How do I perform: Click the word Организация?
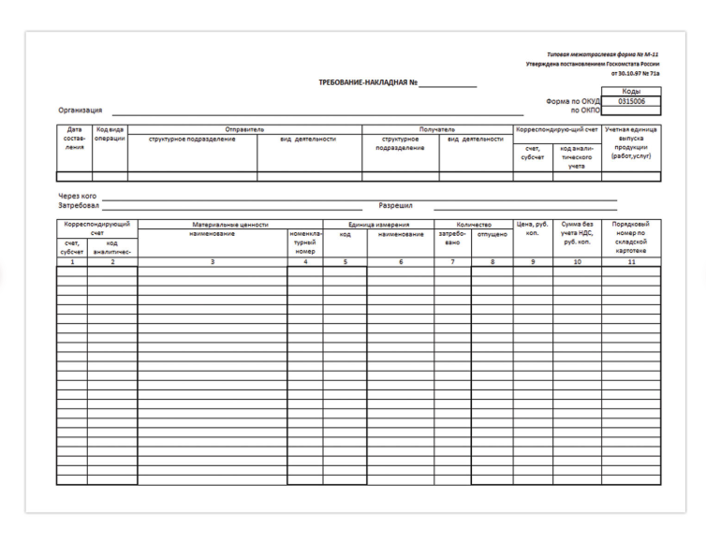81,110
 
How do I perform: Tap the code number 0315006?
632,101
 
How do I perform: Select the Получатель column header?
437,129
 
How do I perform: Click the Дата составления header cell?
74,139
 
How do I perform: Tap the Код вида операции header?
110,134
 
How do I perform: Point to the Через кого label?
78,196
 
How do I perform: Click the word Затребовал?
79,205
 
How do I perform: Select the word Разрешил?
395,205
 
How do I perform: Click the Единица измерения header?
378,225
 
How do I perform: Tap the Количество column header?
473,225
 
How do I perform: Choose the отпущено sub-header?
492,234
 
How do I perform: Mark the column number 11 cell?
631,262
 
